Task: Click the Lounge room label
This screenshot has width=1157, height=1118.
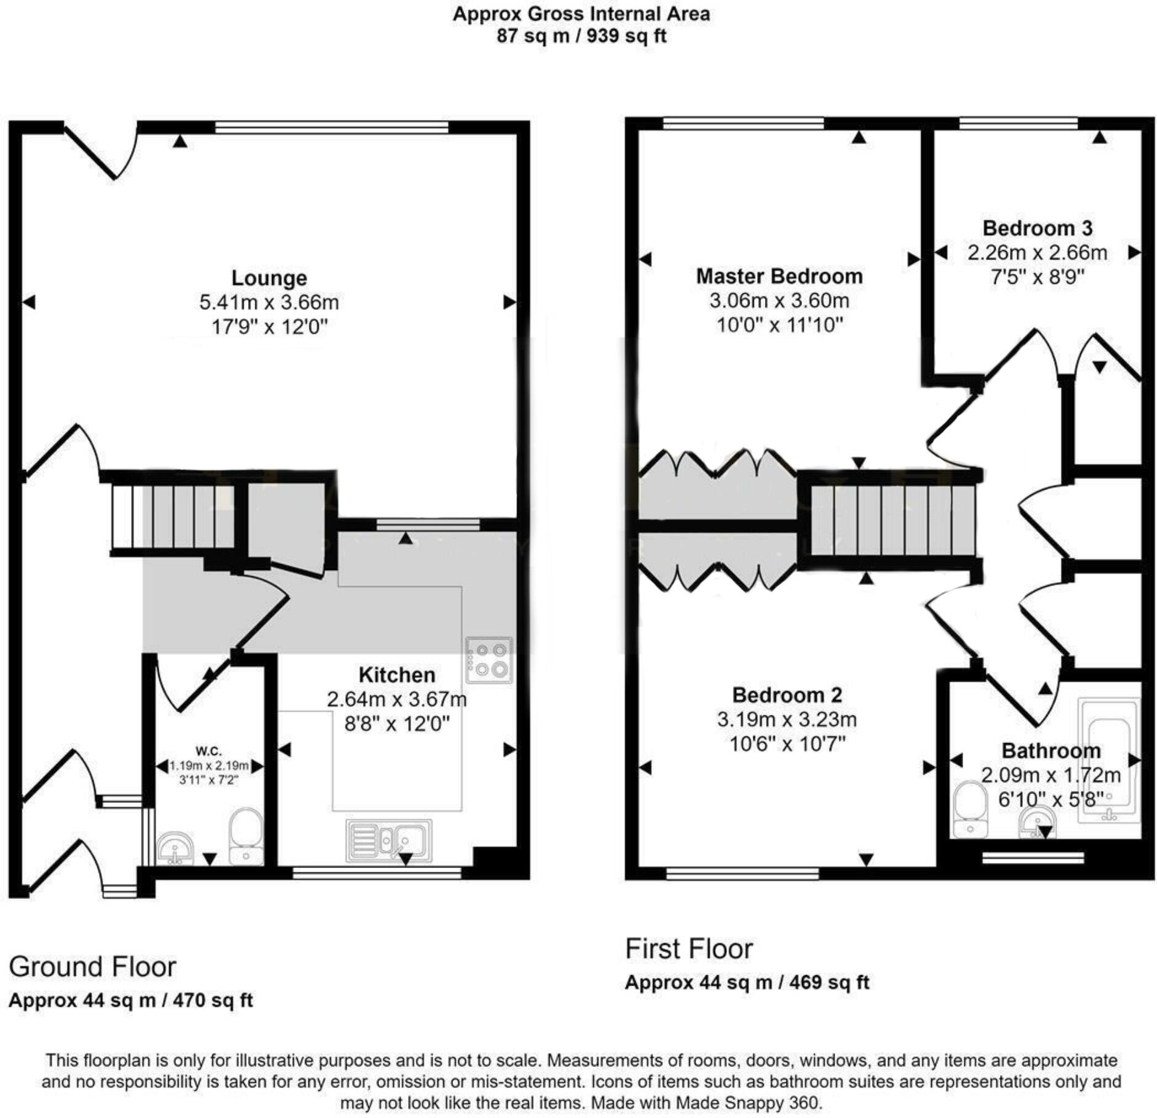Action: (x=269, y=278)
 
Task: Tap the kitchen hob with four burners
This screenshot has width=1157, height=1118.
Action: (x=489, y=660)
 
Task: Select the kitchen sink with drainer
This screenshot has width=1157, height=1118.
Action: (x=389, y=840)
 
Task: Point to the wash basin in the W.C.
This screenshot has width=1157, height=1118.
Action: (x=175, y=848)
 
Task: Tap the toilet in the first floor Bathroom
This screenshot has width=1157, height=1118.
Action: (x=970, y=809)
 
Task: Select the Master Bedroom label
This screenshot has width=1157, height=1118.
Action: (x=779, y=276)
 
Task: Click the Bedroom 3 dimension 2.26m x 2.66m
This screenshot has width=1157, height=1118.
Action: (x=1037, y=253)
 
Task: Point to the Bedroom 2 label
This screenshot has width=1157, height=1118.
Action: (x=787, y=695)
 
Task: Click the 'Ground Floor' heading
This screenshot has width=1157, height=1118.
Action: (x=92, y=967)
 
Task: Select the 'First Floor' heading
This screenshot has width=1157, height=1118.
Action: (x=689, y=949)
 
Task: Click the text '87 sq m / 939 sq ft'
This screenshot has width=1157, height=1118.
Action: (x=581, y=36)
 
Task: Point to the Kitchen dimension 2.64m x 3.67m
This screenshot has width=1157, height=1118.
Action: (x=396, y=699)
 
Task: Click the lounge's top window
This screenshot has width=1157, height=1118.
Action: (x=332, y=127)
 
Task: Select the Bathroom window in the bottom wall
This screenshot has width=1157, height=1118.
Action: (x=1033, y=857)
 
